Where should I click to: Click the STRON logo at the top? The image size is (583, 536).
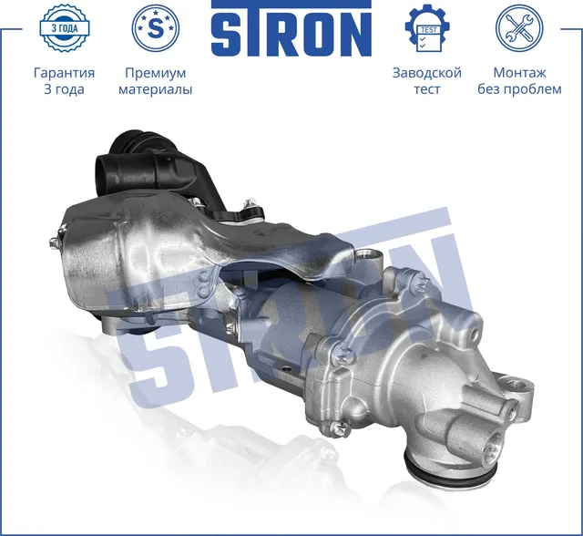tap(291, 30)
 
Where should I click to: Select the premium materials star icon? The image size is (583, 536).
tap(156, 28)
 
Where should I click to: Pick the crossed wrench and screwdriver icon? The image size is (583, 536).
tap(518, 28)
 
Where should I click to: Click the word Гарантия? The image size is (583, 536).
tap(64, 73)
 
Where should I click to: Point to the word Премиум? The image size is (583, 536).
tap(155, 73)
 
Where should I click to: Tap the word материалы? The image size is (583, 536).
tap(156, 90)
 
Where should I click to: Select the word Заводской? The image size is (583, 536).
tap(426, 73)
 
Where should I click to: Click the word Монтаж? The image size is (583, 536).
tap(519, 73)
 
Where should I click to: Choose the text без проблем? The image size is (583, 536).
tap(519, 90)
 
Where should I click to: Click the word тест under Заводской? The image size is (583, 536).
tap(426, 90)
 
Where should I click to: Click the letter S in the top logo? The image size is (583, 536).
tap(231, 33)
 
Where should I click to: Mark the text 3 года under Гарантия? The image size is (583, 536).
tap(64, 90)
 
